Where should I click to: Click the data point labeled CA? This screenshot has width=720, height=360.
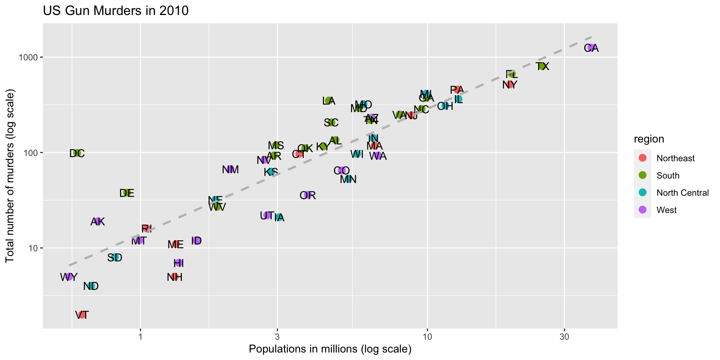click(x=591, y=48)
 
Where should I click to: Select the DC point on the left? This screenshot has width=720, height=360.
click(x=77, y=153)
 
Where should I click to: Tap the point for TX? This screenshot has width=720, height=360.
click(x=542, y=66)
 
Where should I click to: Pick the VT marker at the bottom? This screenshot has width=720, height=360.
click(x=82, y=315)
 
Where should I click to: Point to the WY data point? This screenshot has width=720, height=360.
click(x=69, y=277)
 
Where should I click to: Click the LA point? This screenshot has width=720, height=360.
click(x=329, y=100)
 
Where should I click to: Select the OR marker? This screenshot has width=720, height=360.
click(x=308, y=195)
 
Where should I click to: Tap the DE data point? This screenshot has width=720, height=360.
click(x=127, y=193)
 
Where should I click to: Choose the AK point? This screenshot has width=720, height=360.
click(x=98, y=221)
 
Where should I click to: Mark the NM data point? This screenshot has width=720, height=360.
click(x=230, y=169)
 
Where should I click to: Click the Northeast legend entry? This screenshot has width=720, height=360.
click(x=675, y=158)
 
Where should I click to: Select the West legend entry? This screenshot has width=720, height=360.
click(x=666, y=210)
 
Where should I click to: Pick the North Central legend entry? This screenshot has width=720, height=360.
click(x=682, y=193)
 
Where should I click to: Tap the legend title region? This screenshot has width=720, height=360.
click(x=649, y=139)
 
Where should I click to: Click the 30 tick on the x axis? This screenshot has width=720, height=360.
click(x=564, y=337)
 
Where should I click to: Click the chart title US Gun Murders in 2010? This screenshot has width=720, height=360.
click(x=115, y=10)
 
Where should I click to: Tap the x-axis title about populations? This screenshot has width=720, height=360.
click(x=330, y=349)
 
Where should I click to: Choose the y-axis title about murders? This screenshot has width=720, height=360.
click(x=10, y=176)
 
